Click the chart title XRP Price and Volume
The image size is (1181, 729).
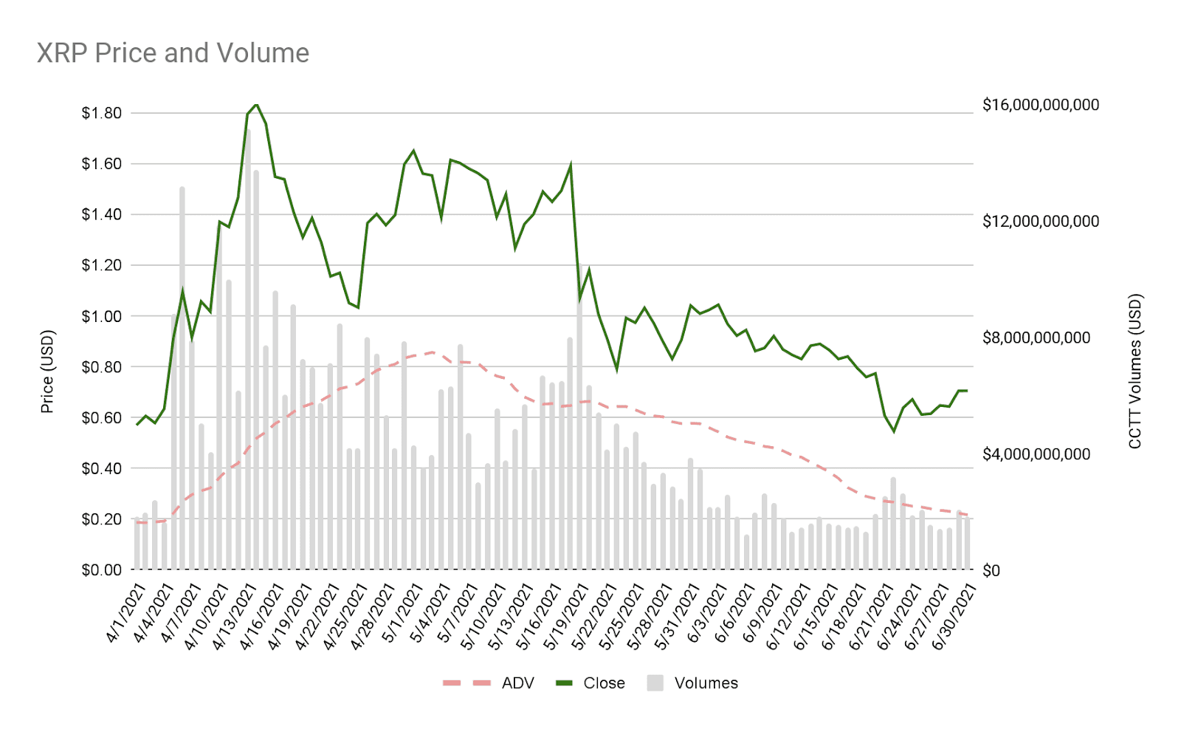pos(173,53)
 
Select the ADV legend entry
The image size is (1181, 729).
pos(517,683)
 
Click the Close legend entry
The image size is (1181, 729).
pos(604,683)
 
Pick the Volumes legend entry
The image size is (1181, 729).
pos(706,683)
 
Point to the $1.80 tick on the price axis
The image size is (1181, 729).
pos(102,113)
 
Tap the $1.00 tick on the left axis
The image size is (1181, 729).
pos(102,316)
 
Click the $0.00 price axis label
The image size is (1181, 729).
pos(102,569)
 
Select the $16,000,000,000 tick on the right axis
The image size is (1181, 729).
pos(1041,105)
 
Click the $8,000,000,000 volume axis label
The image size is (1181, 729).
pos(1036,338)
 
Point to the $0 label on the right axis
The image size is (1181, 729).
pos(991,570)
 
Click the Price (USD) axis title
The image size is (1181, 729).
pos(47,372)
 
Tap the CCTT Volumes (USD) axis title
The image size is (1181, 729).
pos(1135,372)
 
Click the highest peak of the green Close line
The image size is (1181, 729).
pos(256,104)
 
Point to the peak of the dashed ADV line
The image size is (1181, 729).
pos(432,352)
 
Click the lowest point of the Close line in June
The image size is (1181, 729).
pos(894,431)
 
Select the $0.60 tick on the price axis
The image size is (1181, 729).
pos(102,417)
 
